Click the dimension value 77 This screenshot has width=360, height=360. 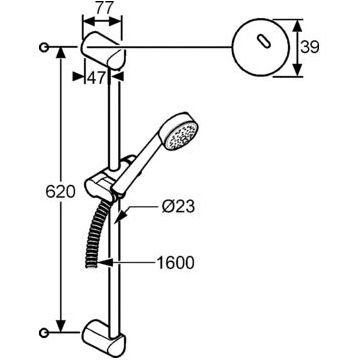point(102,8)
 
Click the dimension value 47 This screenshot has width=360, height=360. point(96,77)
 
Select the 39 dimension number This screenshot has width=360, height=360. point(310,47)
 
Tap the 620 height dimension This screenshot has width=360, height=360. point(60,192)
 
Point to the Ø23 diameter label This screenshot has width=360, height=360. point(178,207)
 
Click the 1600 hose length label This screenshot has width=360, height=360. point(175,263)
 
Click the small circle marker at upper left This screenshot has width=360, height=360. point(44,48)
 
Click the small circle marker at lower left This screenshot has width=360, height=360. point(44,332)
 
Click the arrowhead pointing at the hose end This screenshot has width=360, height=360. point(105,263)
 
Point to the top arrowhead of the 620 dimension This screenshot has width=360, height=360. point(60,53)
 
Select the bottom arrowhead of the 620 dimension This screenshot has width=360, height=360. point(60,326)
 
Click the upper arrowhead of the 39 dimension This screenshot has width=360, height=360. point(298,25)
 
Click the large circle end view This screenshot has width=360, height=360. point(260,47)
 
